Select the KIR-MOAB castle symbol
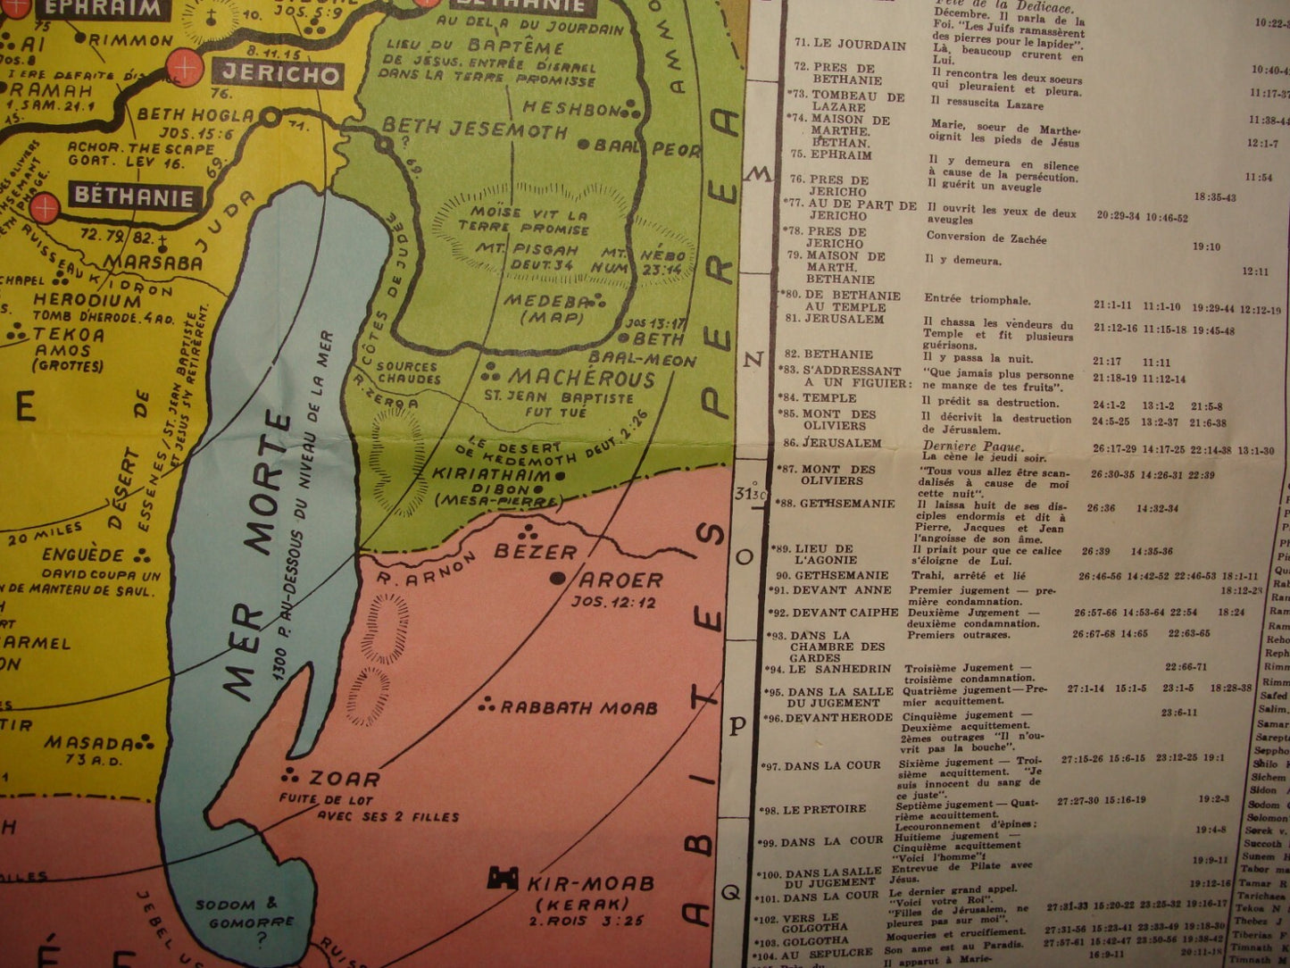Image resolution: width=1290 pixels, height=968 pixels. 502,879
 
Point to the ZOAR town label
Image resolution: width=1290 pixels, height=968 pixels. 344,778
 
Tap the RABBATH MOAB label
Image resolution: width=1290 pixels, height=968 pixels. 578,707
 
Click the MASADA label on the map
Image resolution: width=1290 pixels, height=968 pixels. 89,742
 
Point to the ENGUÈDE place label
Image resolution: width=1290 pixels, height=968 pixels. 82,555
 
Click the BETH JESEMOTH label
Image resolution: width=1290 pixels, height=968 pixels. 475,131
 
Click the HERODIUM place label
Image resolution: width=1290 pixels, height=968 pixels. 87,301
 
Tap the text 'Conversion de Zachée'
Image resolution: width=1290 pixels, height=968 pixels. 986,238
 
